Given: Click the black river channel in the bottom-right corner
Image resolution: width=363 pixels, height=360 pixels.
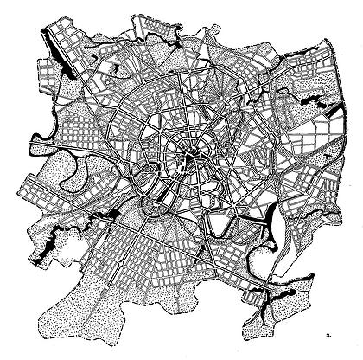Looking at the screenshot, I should [x=277, y=302].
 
